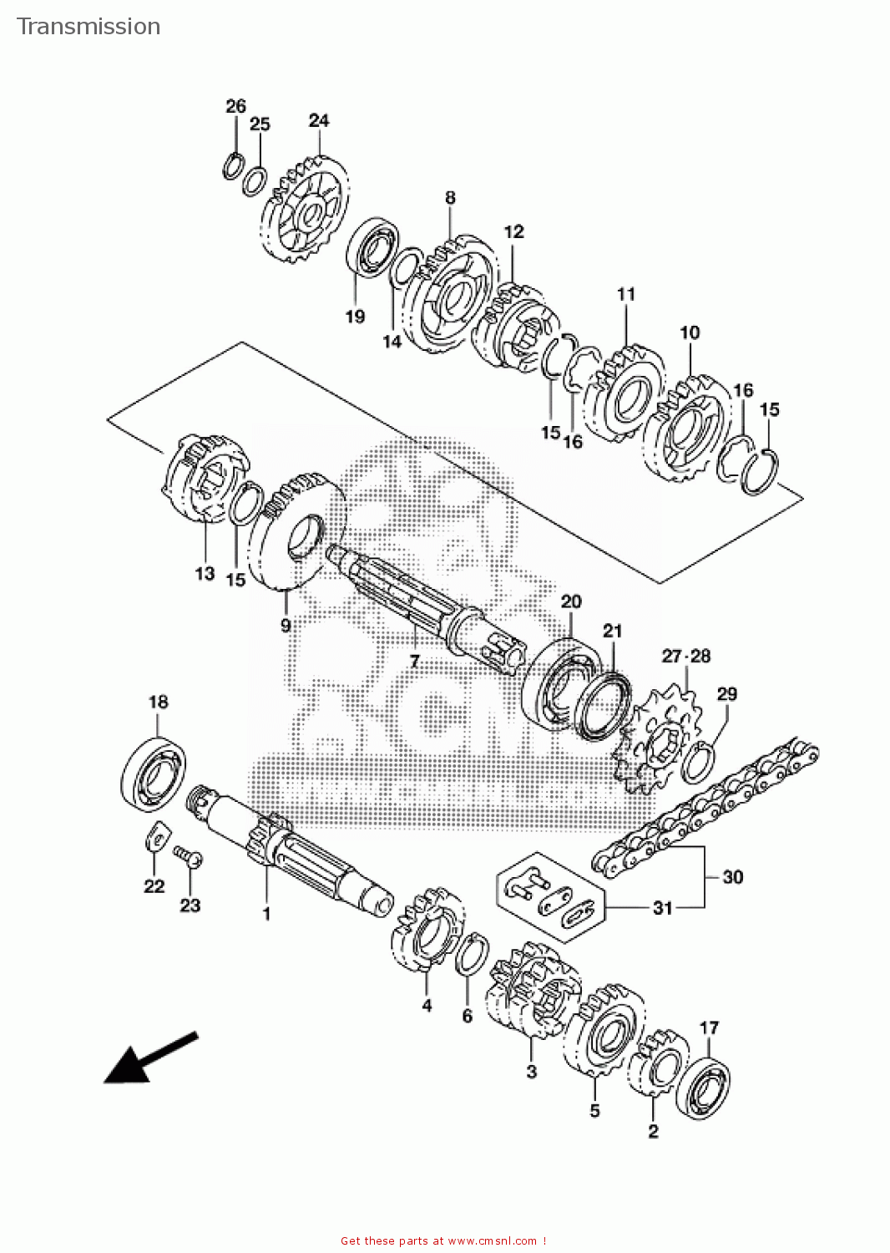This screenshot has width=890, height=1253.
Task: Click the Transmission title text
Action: point(88,27)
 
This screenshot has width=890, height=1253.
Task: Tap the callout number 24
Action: point(319,120)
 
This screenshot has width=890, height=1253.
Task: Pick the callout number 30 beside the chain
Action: point(732,877)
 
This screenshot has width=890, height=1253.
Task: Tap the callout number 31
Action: point(662,908)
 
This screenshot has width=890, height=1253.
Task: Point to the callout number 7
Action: point(414,662)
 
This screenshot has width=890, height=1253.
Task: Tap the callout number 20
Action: point(571,601)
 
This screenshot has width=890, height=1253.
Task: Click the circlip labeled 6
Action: point(472,954)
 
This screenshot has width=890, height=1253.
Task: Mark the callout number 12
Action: point(513,231)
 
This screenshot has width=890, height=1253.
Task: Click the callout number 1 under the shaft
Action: point(266,915)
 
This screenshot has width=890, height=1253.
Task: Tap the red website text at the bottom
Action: point(443,1241)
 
